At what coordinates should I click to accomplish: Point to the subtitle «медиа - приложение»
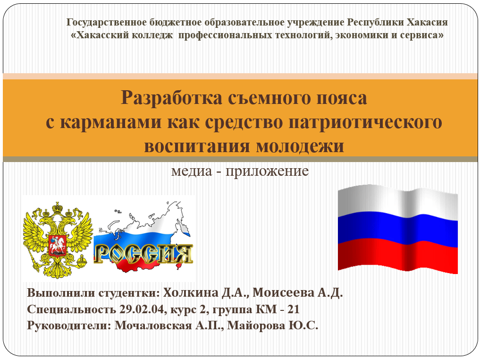tap(240, 170)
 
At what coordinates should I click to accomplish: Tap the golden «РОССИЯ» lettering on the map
tap(143, 254)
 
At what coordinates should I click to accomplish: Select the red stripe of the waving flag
tap(398, 257)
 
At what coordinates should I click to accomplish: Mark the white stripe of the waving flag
tap(398, 202)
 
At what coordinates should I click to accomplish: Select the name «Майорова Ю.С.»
tap(273, 326)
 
